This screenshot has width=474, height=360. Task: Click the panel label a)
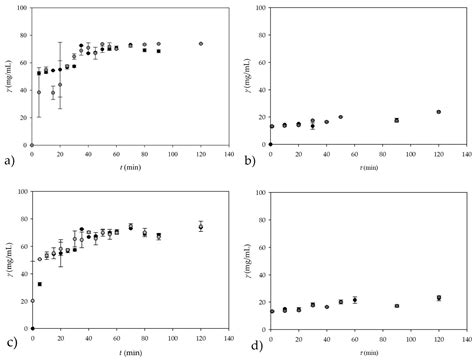point(9,159)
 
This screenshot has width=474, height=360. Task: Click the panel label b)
point(250,159)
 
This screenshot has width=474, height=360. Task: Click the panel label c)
point(9,346)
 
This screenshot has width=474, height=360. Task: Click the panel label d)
point(250,346)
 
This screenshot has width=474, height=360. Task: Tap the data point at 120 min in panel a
point(201,44)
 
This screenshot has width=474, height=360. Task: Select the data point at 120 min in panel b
point(439,112)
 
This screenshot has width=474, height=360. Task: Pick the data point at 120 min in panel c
point(201,227)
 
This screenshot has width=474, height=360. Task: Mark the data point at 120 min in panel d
point(439,297)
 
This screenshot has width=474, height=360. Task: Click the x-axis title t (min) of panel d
point(368,351)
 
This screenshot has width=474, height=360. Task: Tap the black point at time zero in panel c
point(32,328)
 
